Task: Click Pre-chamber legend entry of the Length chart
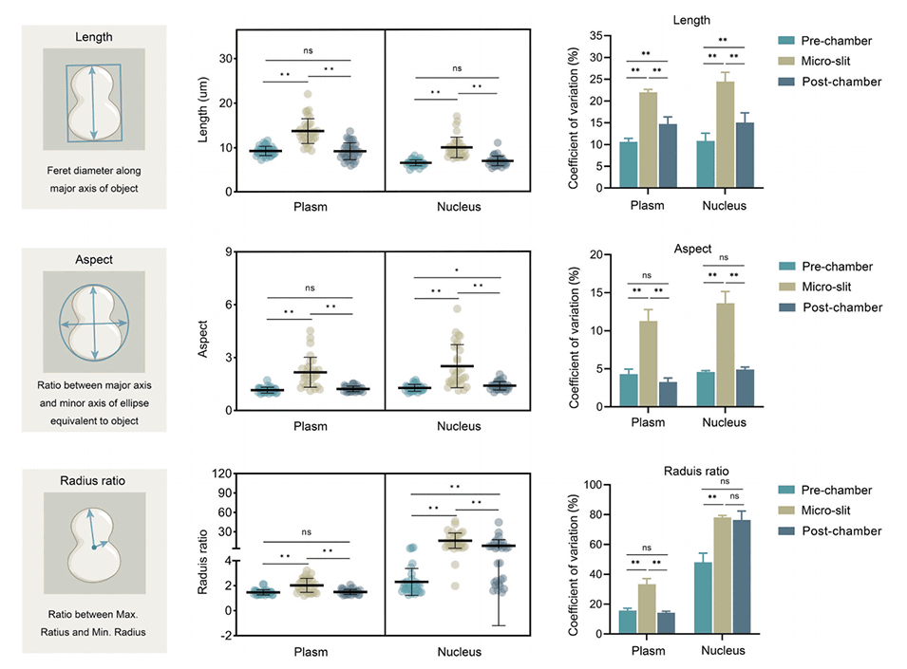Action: tap(825, 41)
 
